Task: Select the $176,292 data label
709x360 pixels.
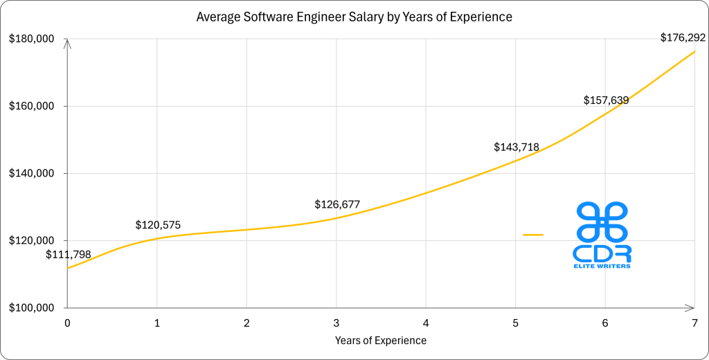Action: click(683, 38)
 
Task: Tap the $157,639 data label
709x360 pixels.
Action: click(605, 100)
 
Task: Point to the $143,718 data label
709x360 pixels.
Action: click(517, 147)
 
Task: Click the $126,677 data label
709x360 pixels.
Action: click(337, 204)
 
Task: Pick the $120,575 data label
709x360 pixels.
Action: click(159, 225)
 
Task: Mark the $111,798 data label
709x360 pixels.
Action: click(69, 255)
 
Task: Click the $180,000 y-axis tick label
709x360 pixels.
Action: click(31, 39)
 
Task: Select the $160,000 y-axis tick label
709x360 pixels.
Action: click(31, 107)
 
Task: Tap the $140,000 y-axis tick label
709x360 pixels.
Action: click(31, 174)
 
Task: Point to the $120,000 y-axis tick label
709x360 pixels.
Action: click(31, 241)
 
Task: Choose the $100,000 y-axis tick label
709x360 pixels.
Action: click(31, 308)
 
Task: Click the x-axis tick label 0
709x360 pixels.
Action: click(67, 323)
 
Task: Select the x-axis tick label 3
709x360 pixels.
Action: click(336, 323)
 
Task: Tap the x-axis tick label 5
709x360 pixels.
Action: click(516, 323)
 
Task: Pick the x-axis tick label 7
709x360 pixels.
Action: click(694, 323)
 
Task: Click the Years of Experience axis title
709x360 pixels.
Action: click(381, 340)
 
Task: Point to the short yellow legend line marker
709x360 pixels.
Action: click(533, 235)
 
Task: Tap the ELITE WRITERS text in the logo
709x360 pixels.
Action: click(602, 266)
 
